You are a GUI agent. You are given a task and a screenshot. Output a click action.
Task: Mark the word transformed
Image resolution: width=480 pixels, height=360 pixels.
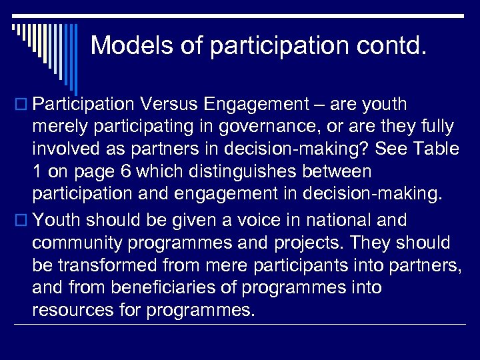[111, 266]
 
